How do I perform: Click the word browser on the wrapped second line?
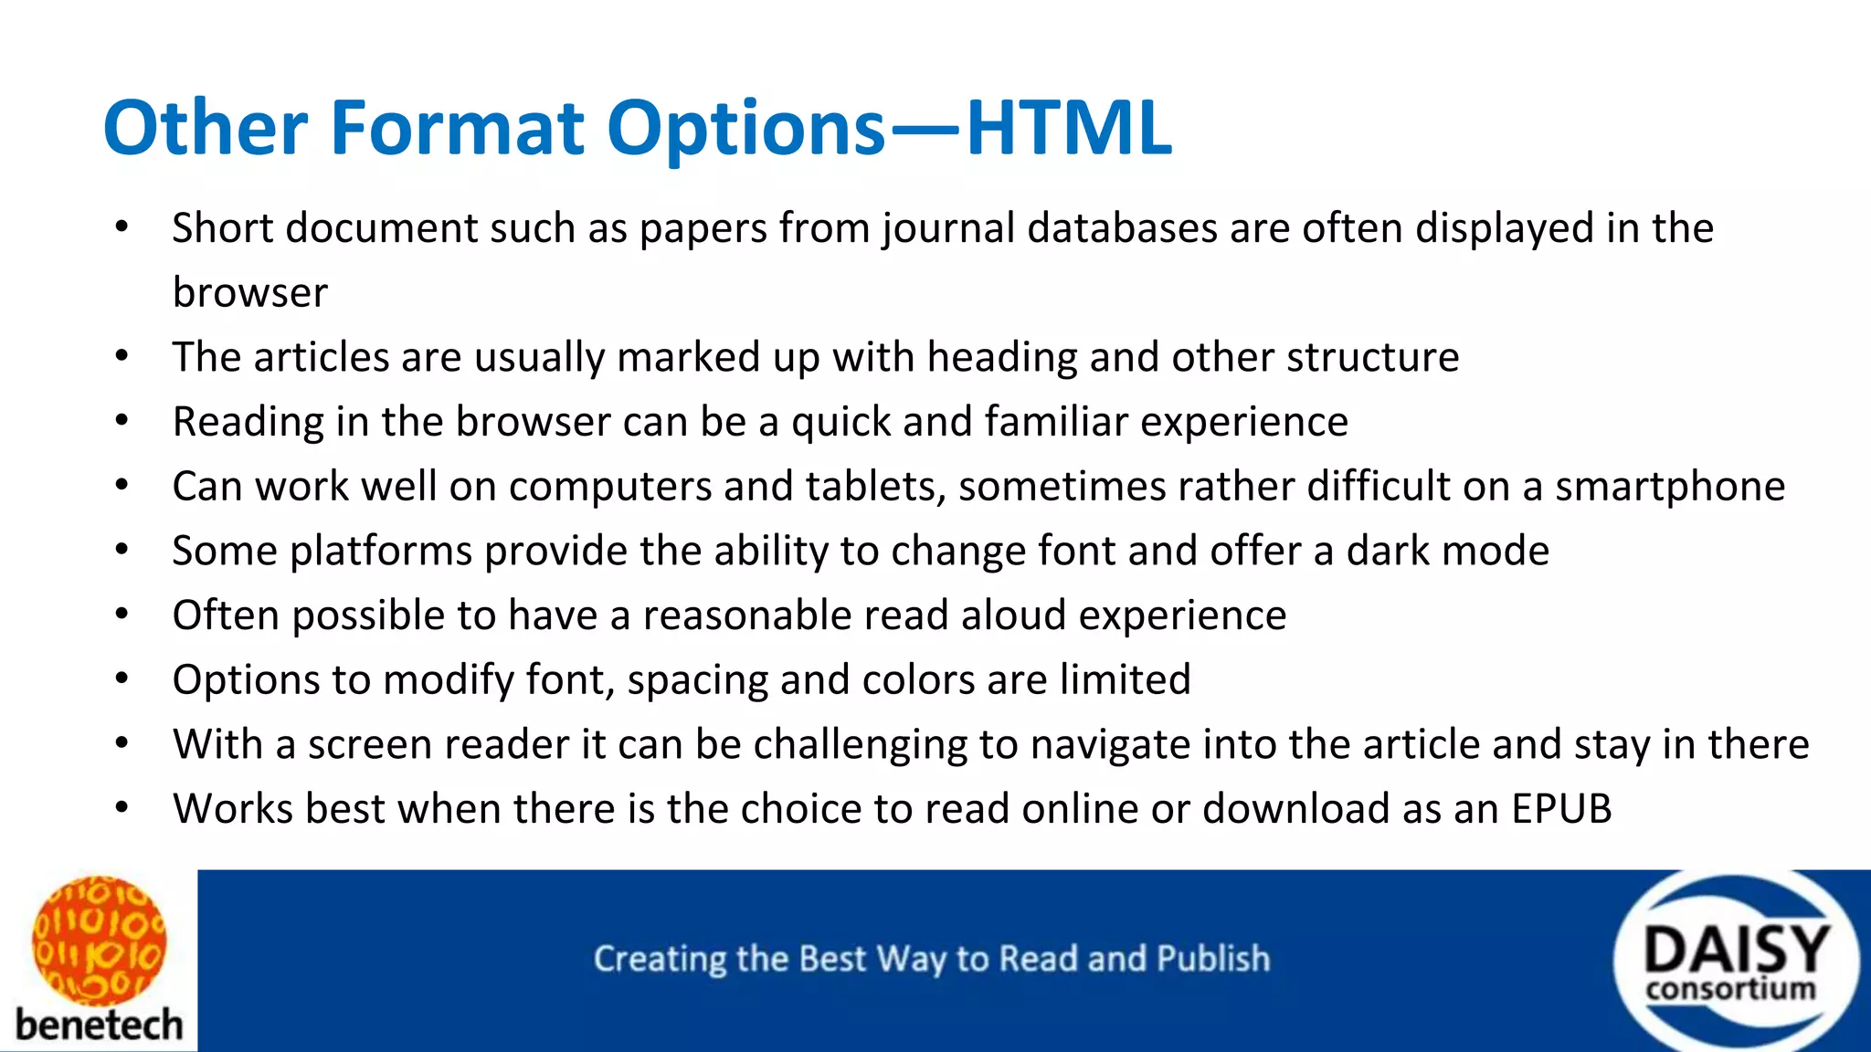click(x=249, y=293)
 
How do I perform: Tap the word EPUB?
click(x=1561, y=809)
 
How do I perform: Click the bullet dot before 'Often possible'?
click(x=122, y=615)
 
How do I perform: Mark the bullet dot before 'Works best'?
click(x=122, y=808)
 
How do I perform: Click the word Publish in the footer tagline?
click(x=1213, y=959)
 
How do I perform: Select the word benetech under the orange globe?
click(x=99, y=1025)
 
